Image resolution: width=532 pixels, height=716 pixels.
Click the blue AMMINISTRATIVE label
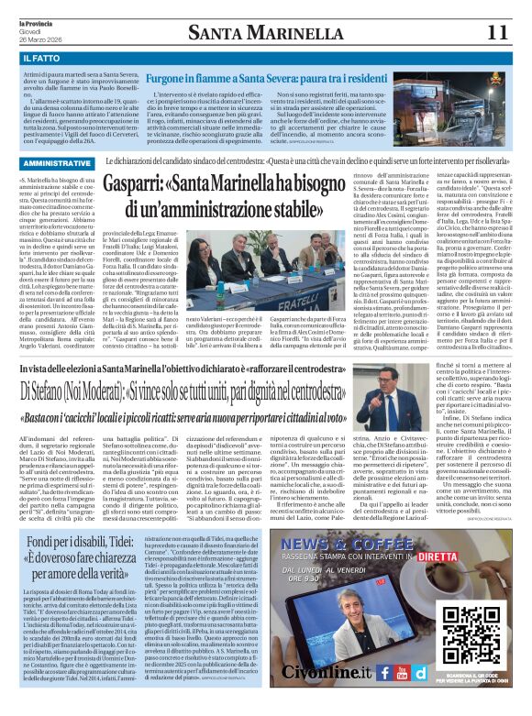(54, 163)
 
